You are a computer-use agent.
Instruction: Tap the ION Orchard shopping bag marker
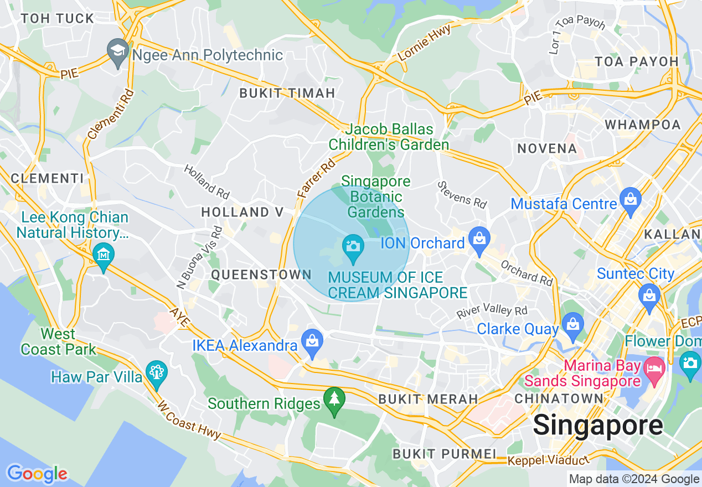point(479,239)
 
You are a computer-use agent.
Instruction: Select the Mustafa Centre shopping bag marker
point(630,200)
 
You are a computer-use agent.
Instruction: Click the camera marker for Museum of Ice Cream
point(353,246)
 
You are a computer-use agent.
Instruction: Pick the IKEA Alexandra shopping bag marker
point(312,341)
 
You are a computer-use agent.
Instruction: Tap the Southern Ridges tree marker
point(334,400)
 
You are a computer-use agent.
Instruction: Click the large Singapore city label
point(597,426)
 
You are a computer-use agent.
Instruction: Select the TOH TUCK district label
point(58,18)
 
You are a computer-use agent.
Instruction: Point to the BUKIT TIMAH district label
point(287,93)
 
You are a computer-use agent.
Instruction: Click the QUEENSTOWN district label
point(262,274)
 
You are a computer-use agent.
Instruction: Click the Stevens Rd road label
point(461,194)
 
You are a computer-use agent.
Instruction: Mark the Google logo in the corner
point(37,474)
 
